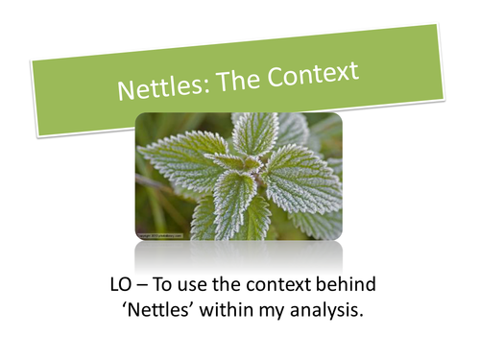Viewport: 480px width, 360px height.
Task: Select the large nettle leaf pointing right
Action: tap(302, 178)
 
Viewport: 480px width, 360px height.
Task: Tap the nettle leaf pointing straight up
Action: tap(252, 132)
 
